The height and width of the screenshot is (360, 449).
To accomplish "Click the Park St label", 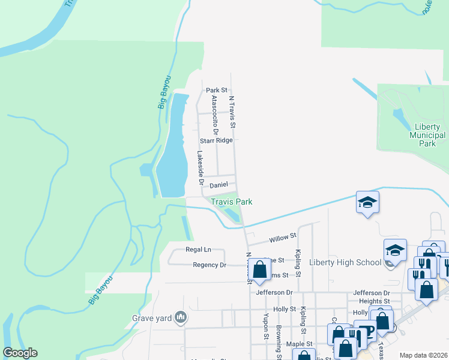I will click(x=217, y=90).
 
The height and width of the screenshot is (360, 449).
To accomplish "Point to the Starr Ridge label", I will click(x=215, y=140).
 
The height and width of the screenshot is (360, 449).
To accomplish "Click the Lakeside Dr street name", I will click(x=200, y=167).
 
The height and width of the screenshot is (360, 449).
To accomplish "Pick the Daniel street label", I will click(x=218, y=185).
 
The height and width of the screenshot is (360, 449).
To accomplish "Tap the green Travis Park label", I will click(x=231, y=202).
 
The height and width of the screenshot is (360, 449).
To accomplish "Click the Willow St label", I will click(x=283, y=238).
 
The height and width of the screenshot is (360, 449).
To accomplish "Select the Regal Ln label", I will click(x=199, y=249).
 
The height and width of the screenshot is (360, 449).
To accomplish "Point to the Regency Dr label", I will click(x=209, y=265).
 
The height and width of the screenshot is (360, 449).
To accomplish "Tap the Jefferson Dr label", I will click(x=274, y=292).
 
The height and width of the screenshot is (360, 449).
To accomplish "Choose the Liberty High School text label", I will click(x=345, y=262).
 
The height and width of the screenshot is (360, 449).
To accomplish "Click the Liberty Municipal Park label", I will click(x=427, y=136).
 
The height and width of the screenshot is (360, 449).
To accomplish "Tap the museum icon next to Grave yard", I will click(x=180, y=318).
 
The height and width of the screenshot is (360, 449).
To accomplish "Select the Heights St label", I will click(x=375, y=301).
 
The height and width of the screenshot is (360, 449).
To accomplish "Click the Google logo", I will click(x=20, y=353).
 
